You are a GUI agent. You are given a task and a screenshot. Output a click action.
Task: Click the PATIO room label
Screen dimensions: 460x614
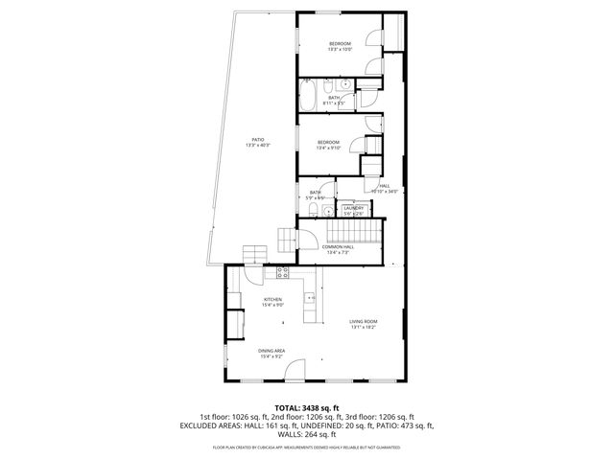[x=258, y=139]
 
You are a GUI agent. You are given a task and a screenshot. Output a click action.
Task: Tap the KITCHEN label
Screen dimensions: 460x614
[x=273, y=300]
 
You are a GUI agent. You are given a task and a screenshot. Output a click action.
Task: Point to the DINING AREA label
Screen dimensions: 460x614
[x=272, y=351]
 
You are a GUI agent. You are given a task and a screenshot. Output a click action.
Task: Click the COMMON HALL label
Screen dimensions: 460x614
[x=341, y=247]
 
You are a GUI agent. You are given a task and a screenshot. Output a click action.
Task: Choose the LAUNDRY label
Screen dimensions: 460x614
[x=353, y=208]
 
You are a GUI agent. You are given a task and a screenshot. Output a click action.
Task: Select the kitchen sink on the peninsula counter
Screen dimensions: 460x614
[x=311, y=299]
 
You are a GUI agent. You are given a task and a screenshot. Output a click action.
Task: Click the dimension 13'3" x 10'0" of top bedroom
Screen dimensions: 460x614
[x=341, y=50]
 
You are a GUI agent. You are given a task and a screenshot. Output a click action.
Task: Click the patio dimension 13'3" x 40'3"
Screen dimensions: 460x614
[x=258, y=146]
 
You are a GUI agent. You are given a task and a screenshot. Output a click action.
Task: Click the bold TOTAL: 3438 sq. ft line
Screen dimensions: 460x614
[x=306, y=408]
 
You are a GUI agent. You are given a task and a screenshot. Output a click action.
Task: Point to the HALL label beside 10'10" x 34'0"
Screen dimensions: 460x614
[x=385, y=186]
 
